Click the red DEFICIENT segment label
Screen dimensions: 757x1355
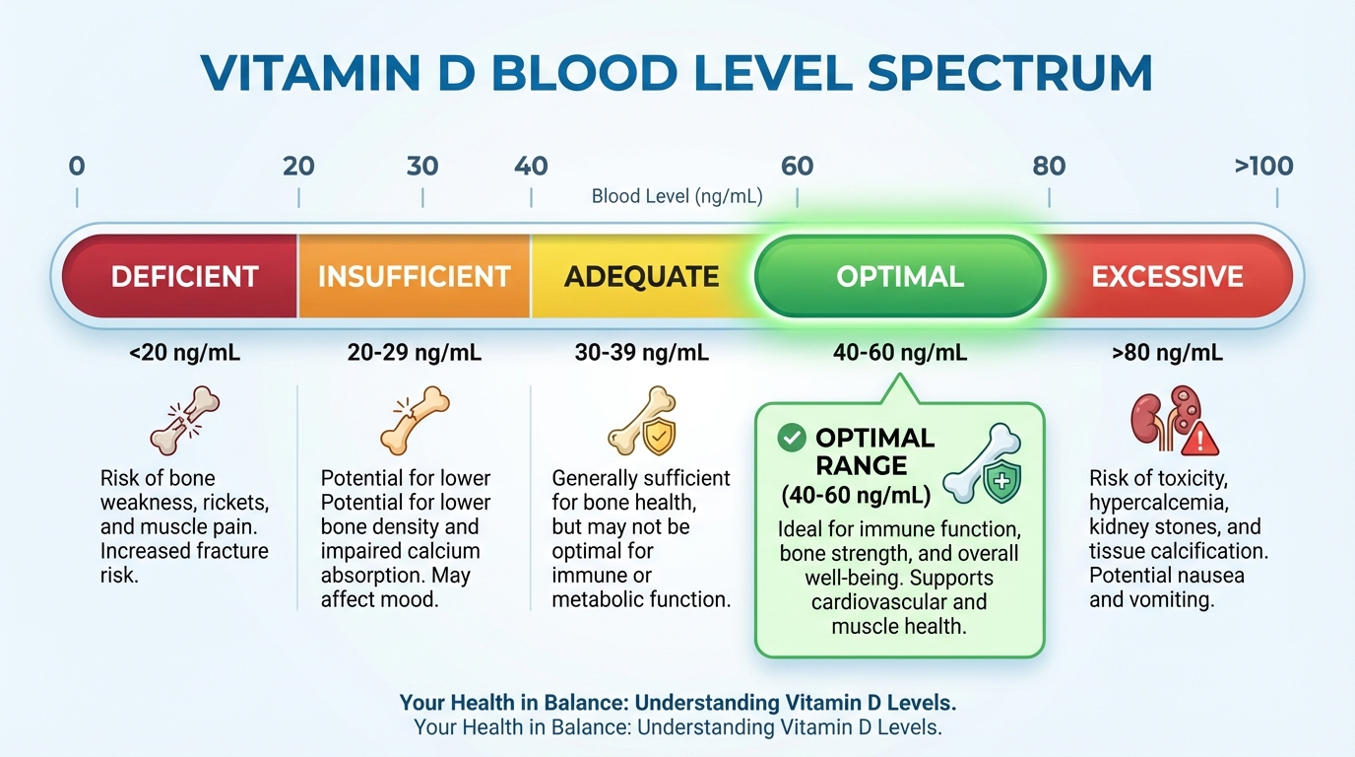184,276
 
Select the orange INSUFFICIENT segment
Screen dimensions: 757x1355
414,276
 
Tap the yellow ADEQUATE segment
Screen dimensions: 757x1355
641,276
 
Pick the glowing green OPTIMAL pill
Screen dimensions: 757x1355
899,276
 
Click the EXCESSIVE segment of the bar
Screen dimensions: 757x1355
1167,276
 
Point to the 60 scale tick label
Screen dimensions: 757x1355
797,166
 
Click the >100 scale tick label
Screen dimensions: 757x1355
1263,166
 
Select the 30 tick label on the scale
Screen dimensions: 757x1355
422,166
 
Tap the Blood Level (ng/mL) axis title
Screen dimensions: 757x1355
677,197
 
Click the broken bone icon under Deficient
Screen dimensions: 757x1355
184,420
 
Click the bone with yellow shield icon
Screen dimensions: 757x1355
642,422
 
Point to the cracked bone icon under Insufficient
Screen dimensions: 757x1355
415,420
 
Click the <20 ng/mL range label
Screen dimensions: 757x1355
184,352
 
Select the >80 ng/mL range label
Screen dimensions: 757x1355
1167,352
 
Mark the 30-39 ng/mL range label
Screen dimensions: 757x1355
641,352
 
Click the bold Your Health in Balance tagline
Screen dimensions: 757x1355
677,704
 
